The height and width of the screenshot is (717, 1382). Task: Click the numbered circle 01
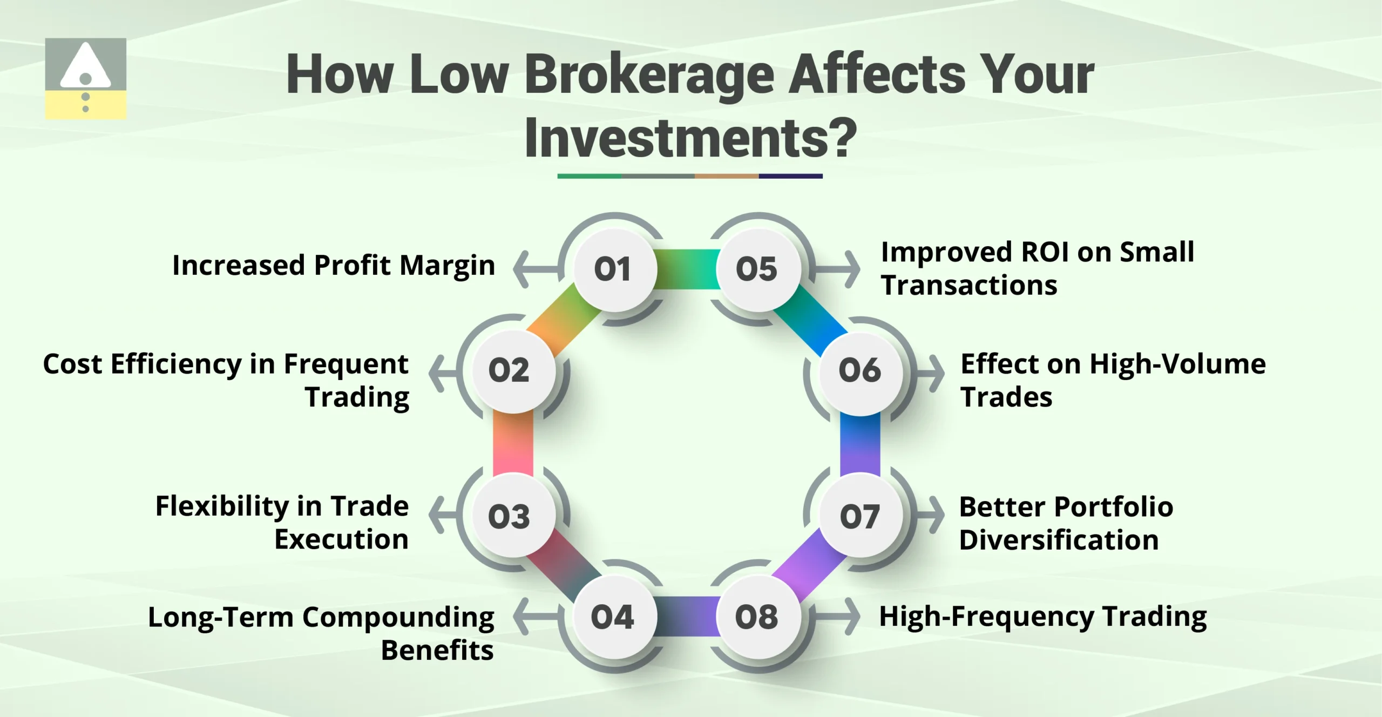(x=614, y=269)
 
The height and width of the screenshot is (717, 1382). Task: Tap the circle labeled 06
(x=860, y=371)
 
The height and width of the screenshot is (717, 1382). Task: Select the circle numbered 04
(x=613, y=617)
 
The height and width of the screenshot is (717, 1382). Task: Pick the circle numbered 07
(x=860, y=517)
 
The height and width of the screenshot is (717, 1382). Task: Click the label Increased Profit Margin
(x=334, y=265)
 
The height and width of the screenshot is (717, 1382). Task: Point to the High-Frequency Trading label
(x=1043, y=616)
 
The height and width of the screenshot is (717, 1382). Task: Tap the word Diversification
(x=1059, y=540)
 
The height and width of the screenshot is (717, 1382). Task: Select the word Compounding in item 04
(x=398, y=617)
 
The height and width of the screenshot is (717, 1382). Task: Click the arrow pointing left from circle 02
(x=441, y=373)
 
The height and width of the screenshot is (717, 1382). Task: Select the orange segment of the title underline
(x=726, y=176)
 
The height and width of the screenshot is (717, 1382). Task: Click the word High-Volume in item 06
(x=1177, y=364)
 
